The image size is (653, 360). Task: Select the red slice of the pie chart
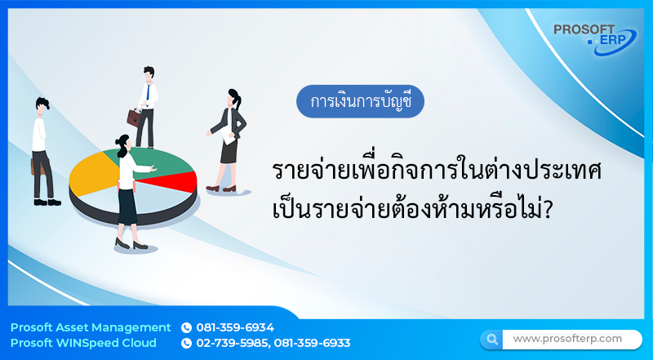click(181, 178)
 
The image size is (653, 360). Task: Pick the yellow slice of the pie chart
click(90, 175)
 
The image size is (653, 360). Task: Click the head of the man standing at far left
click(42, 105)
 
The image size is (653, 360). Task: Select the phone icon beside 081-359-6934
click(186, 327)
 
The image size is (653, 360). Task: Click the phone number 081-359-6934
click(235, 327)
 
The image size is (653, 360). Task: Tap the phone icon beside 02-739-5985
click(186, 343)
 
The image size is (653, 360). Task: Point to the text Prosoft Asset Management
click(91, 327)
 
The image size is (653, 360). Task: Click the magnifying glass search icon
click(491, 339)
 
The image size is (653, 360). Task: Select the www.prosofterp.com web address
click(567, 338)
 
